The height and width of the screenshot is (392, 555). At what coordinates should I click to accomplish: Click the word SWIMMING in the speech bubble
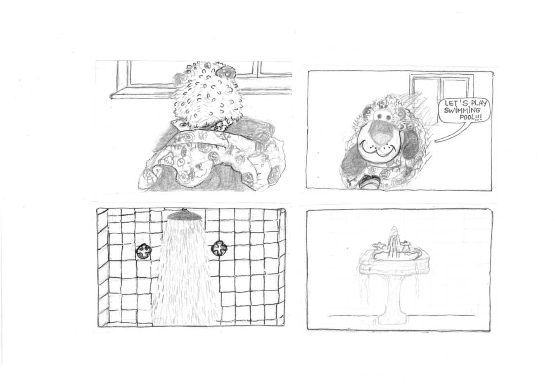point(462,111)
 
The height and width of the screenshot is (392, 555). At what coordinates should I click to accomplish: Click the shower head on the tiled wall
point(184,215)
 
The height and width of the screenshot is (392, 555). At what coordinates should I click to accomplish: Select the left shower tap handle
point(144,251)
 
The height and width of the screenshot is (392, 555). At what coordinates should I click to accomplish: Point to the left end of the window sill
point(111,97)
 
